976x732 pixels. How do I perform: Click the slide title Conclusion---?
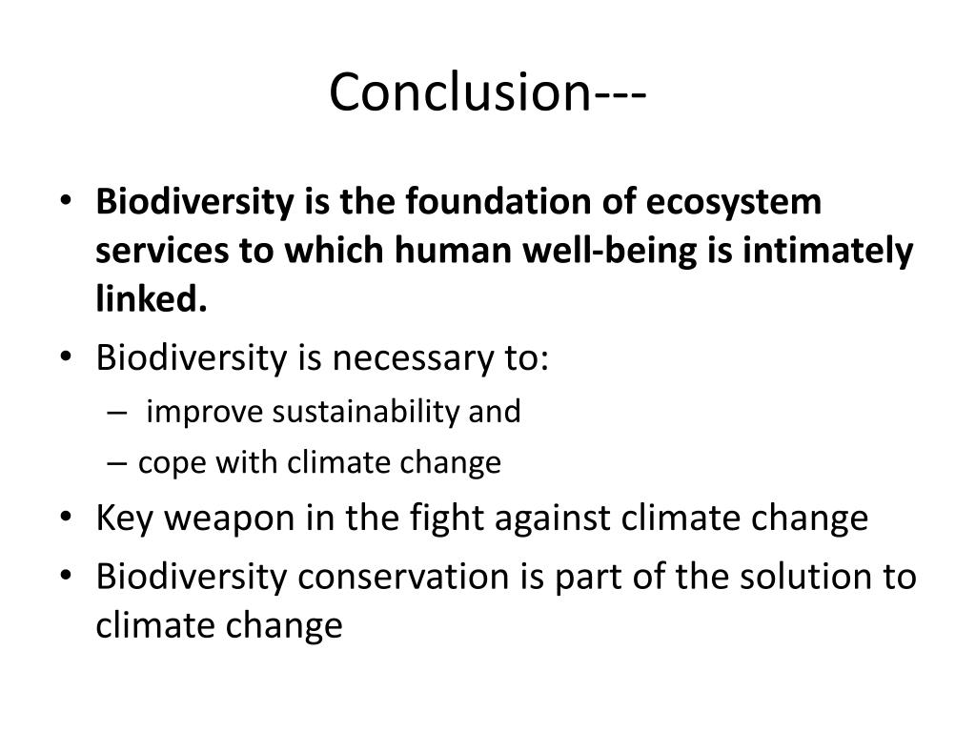(x=488, y=93)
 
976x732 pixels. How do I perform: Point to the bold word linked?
(x=152, y=302)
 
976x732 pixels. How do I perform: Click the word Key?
(x=124, y=518)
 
